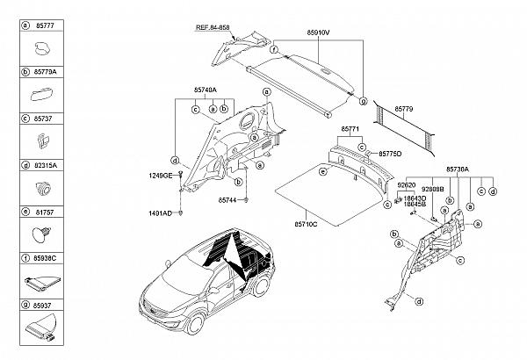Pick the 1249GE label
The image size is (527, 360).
160,176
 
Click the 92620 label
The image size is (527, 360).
406,186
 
